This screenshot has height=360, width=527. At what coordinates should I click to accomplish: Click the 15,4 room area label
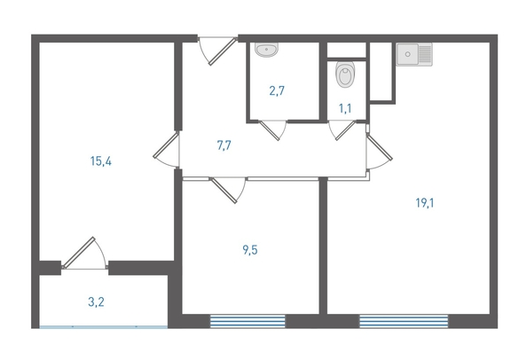coord(101,161)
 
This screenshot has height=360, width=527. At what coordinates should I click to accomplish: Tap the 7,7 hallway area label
coord(224,145)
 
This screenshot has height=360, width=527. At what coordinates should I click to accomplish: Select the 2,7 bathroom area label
coord(277,90)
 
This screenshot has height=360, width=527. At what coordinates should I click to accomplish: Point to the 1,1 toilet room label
coord(345,108)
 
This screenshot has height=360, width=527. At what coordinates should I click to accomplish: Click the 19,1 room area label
coord(425,203)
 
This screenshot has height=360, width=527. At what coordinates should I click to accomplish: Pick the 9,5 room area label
coord(250,250)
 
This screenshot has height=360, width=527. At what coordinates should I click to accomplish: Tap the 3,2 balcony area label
coord(96,301)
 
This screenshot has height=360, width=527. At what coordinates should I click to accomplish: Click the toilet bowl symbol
coord(345,74)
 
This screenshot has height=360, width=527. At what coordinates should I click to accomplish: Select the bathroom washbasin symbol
coord(266,50)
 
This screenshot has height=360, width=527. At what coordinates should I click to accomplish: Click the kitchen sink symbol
coord(414,54)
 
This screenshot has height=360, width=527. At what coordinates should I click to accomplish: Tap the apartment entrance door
coord(217,51)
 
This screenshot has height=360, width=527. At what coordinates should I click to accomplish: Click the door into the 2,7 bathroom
coord(273,129)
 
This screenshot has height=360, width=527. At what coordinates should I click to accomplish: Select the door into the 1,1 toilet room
coord(342,129)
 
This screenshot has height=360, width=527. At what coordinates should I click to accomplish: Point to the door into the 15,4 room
coord(167,149)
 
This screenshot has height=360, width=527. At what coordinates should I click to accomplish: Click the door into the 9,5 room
coord(228,190)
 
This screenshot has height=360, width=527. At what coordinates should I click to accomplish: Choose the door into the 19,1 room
coord(379,151)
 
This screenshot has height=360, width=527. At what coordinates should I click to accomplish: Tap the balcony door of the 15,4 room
coord(84,254)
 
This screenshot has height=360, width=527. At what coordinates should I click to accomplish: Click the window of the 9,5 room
coord(248,321)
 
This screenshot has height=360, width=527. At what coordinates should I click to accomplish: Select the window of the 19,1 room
coord(404,321)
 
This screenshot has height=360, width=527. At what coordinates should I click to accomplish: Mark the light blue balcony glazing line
coord(104,326)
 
